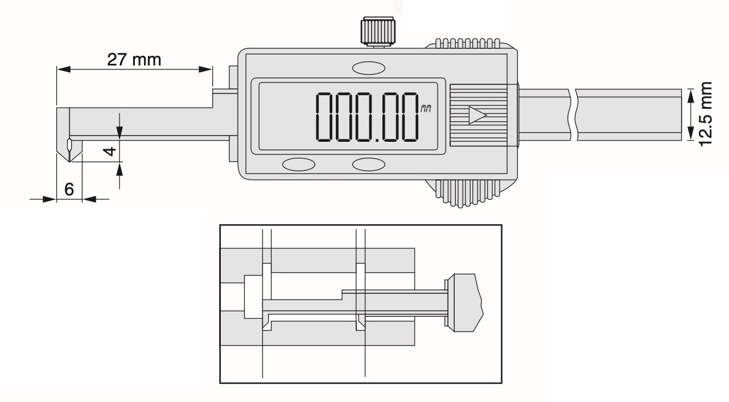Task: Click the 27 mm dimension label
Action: click(x=135, y=59)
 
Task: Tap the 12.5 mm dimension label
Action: click(x=707, y=114)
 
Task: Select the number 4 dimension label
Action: click(x=112, y=151)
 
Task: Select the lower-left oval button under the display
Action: click(x=299, y=165)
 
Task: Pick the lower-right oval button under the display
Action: click(x=368, y=165)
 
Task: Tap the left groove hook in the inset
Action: click(x=266, y=323)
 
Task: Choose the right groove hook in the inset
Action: click(x=360, y=323)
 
